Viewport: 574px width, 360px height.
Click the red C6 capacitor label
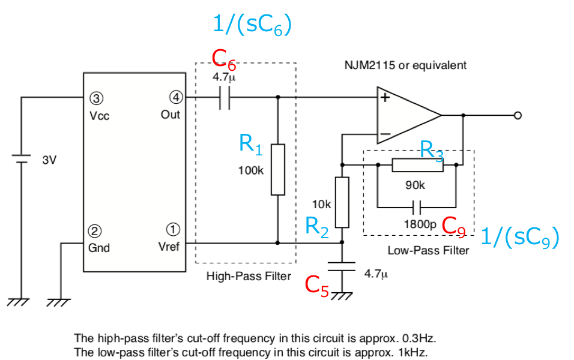pyautogui.click(x=224, y=59)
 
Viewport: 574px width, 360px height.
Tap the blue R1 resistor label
pyautogui.click(x=251, y=145)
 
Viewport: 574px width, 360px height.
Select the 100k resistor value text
pyautogui.click(x=251, y=170)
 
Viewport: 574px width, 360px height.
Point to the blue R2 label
pyautogui.click(x=317, y=227)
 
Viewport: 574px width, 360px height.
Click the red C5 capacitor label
pyautogui.click(x=317, y=286)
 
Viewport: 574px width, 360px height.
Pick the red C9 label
pyautogui.click(x=453, y=227)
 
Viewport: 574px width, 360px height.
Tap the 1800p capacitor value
pyautogui.click(x=420, y=224)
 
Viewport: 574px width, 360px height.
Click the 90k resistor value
pyautogui.click(x=415, y=185)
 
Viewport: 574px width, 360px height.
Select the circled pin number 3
pyautogui.click(x=96, y=98)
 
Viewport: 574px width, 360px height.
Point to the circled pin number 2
pyautogui.click(x=95, y=231)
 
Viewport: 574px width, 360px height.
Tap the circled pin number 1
pyautogui.click(x=173, y=230)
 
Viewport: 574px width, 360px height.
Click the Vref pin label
pyautogui.click(x=169, y=247)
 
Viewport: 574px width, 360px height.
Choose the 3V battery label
pyautogui.click(x=49, y=160)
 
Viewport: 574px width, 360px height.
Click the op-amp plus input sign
pyautogui.click(x=385, y=98)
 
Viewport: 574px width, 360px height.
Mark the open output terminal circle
pyautogui.click(x=518, y=116)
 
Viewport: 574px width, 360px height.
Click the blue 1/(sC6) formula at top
pyautogui.click(x=252, y=25)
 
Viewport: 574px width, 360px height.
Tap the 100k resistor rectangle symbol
pyautogui.click(x=278, y=170)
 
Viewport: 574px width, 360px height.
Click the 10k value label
pyautogui.click(x=321, y=205)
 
